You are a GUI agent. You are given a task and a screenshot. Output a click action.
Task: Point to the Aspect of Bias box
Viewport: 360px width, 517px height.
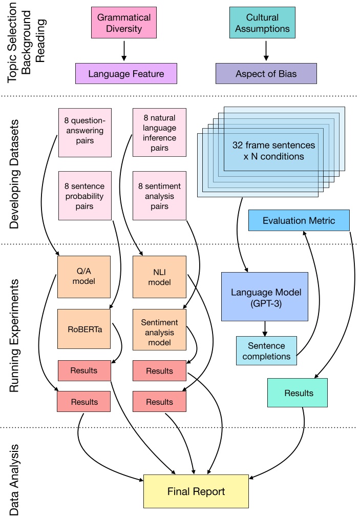(263, 74)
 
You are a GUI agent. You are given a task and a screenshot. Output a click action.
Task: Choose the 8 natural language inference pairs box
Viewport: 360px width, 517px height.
(159, 133)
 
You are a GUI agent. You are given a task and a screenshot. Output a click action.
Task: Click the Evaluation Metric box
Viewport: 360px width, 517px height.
(299, 220)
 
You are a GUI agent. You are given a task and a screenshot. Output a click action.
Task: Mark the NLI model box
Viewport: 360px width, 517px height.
(159, 277)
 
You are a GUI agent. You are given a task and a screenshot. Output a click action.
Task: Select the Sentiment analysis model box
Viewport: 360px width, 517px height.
(159, 332)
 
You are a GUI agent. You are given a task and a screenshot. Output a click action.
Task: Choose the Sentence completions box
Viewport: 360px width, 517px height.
(266, 351)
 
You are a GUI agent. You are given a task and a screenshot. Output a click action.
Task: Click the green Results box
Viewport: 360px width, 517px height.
(298, 392)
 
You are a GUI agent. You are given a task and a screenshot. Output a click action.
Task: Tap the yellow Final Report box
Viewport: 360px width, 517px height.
(196, 491)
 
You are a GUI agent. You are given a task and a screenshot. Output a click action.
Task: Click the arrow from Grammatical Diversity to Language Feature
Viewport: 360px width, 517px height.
(123, 51)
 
